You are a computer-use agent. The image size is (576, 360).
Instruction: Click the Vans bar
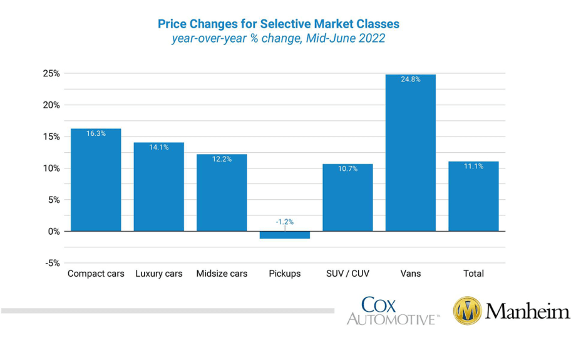410,153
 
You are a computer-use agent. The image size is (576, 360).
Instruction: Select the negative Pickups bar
284,235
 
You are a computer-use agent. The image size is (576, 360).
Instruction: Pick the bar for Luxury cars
158,187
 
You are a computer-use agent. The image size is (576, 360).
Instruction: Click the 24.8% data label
410,80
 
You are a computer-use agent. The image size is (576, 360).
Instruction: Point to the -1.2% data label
284,222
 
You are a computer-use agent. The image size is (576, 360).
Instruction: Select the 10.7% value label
347,169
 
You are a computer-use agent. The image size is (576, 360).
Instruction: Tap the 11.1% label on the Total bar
473,167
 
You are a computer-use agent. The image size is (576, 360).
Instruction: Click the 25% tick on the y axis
52,73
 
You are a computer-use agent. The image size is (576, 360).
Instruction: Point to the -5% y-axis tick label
52,263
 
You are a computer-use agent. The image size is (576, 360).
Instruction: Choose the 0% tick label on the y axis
53,231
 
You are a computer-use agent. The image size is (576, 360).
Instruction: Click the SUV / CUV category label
347,274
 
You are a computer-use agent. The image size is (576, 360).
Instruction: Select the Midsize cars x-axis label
222,274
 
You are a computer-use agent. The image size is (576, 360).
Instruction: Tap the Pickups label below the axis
284,274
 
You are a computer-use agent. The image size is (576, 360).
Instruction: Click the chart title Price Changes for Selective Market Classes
278,24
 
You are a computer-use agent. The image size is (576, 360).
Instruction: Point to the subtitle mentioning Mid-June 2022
278,39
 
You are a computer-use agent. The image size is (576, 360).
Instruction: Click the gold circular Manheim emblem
467,311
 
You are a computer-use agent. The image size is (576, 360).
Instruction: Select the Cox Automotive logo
393,311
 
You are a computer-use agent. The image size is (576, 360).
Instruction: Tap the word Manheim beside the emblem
527,311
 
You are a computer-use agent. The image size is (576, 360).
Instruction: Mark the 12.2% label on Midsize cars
222,159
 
